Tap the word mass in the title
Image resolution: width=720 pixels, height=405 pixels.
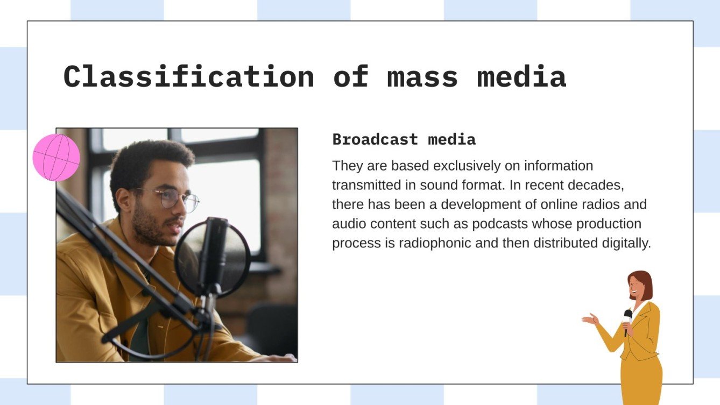pyautogui.click(x=422, y=77)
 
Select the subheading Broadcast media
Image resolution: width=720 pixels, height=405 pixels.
pyautogui.click(x=404, y=140)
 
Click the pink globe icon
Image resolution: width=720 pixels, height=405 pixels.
pyautogui.click(x=56, y=158)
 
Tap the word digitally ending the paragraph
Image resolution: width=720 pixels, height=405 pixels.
pyautogui.click(x=625, y=243)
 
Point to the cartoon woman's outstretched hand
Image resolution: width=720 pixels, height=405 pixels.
pyautogui.click(x=590, y=319)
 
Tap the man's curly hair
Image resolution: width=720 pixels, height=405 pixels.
pyautogui.click(x=151, y=156)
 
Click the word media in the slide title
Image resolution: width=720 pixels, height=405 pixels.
pyautogui.click(x=521, y=77)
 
